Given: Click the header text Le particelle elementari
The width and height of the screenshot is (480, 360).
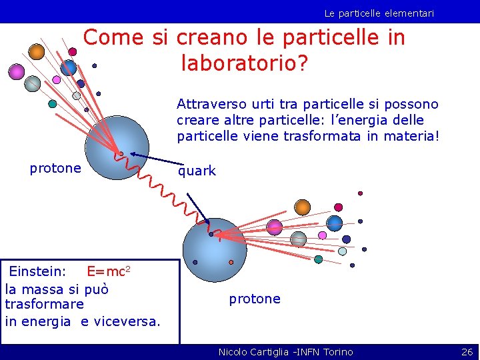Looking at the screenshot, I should (379, 13).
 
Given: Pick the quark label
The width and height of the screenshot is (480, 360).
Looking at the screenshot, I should (197, 171).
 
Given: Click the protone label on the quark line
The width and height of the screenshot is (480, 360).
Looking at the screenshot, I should (55, 168).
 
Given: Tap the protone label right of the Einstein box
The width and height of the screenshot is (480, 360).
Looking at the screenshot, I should (255, 299).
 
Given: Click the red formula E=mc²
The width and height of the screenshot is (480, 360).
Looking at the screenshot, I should (108, 271).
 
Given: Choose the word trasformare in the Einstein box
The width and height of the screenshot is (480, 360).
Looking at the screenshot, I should (44, 304).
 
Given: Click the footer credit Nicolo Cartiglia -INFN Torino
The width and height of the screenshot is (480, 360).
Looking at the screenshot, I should (285, 351).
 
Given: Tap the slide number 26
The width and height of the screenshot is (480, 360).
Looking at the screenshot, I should (467, 351).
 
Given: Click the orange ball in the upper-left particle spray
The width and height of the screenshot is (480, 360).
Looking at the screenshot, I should (37, 51).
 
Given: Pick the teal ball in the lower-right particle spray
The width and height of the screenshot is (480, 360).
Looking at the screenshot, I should (318, 259).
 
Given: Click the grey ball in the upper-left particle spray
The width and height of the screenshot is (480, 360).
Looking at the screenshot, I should (33, 83).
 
